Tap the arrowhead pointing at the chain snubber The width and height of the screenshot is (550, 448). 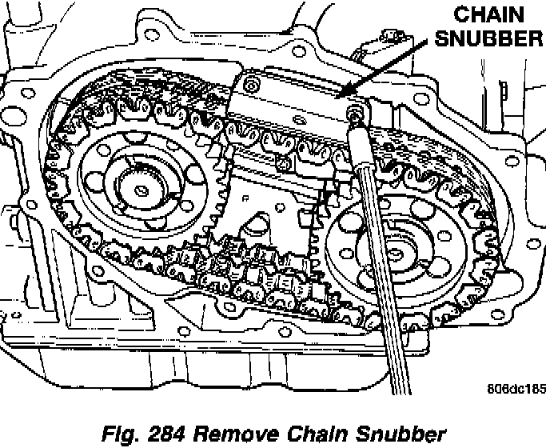click(345, 97)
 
